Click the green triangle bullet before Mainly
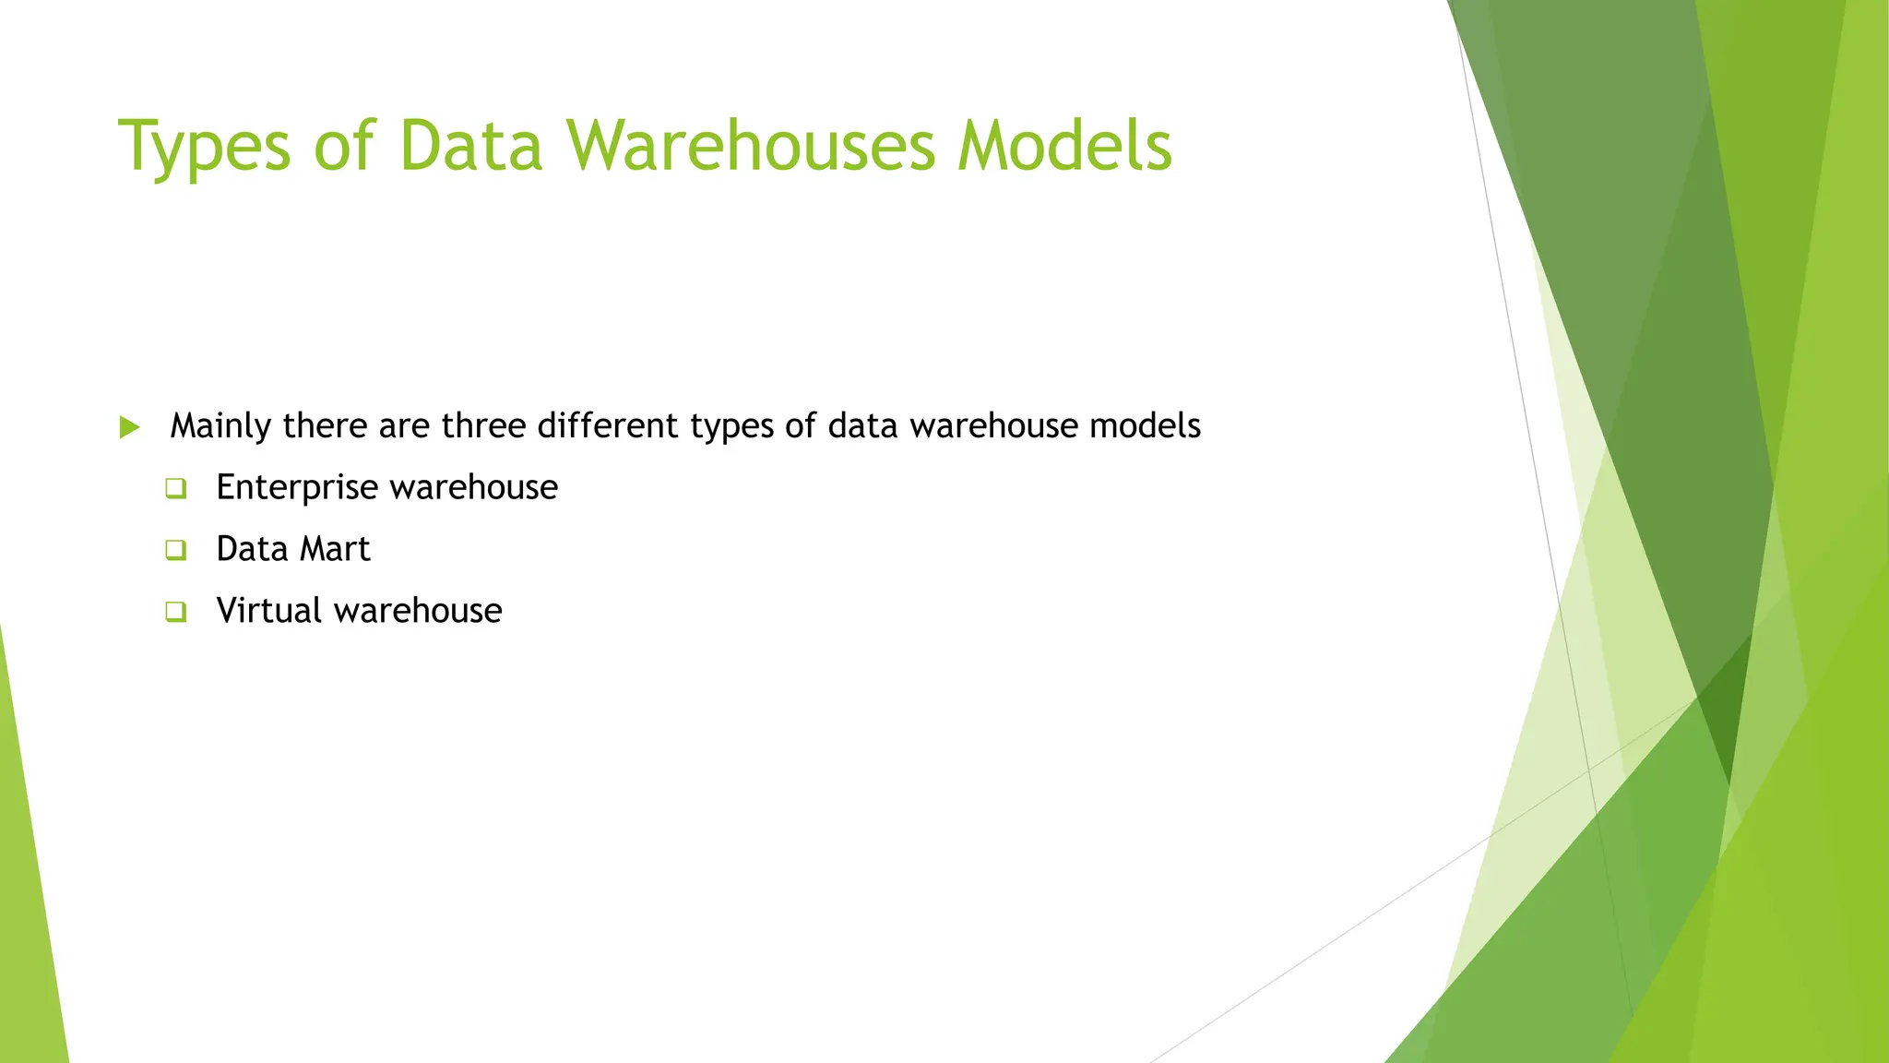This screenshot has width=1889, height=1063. [130, 427]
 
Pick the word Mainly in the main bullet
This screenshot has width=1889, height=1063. [220, 426]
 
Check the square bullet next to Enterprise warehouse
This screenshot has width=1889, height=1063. [176, 488]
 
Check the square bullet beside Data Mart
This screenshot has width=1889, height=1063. [176, 550]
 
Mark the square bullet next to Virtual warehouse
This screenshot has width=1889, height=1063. [176, 612]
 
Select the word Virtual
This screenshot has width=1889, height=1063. [268, 611]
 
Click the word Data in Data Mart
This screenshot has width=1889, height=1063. [252, 549]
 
